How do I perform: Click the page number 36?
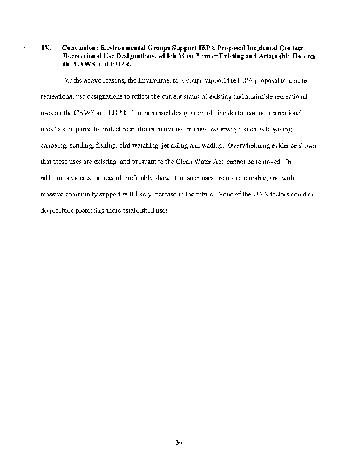tap(179, 442)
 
